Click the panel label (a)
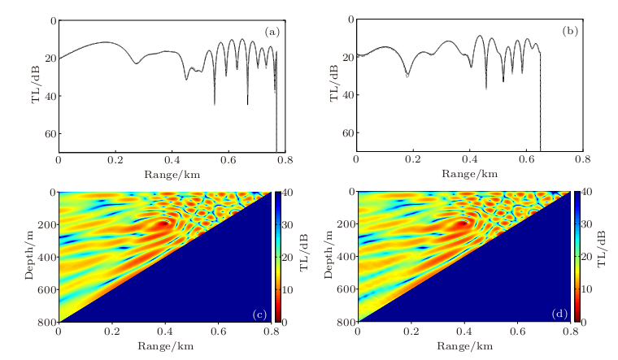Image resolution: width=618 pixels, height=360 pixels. click(272, 32)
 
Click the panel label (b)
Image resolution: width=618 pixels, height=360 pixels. click(570, 32)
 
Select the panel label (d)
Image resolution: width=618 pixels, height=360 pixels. click(559, 313)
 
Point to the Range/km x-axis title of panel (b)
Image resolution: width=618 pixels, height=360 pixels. click(469, 173)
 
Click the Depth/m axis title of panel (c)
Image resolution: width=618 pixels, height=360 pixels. click(28, 257)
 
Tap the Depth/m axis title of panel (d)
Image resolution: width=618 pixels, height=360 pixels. click(328, 257)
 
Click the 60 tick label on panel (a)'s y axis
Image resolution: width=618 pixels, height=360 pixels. click(48, 133)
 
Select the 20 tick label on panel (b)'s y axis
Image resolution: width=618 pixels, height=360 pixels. click(347, 58)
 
